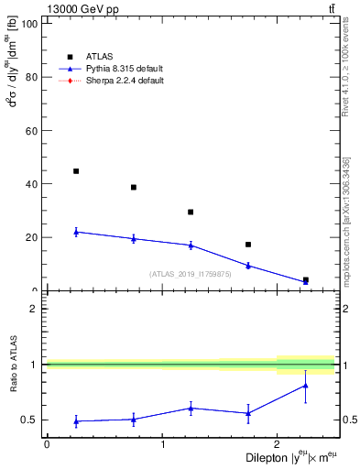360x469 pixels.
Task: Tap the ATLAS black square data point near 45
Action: [x=76, y=171]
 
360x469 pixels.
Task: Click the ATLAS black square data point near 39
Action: [x=134, y=187]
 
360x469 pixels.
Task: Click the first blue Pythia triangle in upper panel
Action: [x=76, y=232]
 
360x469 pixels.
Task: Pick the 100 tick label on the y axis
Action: [x=28, y=24]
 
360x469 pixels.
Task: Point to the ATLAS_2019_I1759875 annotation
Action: [x=191, y=274]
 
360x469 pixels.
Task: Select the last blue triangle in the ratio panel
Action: [x=306, y=386]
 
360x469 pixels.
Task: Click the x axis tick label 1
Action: [x=162, y=442]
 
